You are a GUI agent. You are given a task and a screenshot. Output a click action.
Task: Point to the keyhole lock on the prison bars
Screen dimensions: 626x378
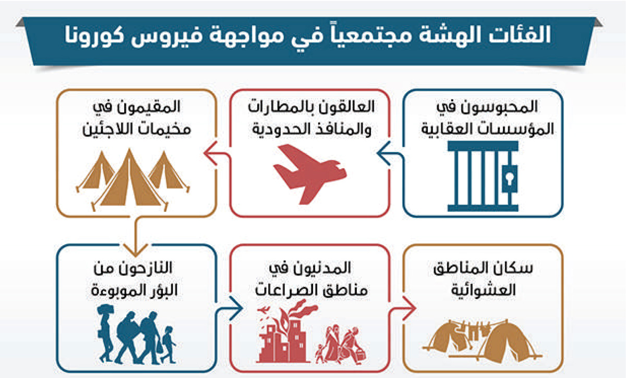[510, 179]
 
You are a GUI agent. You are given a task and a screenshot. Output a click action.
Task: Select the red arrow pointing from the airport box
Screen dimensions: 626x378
[218, 154]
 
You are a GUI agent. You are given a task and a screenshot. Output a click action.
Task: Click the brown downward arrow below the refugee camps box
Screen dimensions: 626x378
[136, 236]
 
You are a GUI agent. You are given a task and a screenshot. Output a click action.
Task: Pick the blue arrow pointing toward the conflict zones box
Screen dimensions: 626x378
[229, 308]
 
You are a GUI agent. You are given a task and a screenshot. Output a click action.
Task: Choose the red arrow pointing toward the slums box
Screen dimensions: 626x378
[402, 308]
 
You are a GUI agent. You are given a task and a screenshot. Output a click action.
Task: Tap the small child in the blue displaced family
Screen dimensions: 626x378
[168, 345]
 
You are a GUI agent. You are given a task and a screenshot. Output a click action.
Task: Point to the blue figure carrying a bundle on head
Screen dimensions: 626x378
[105, 333]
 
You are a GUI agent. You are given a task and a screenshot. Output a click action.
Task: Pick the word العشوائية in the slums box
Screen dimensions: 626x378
[484, 291]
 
